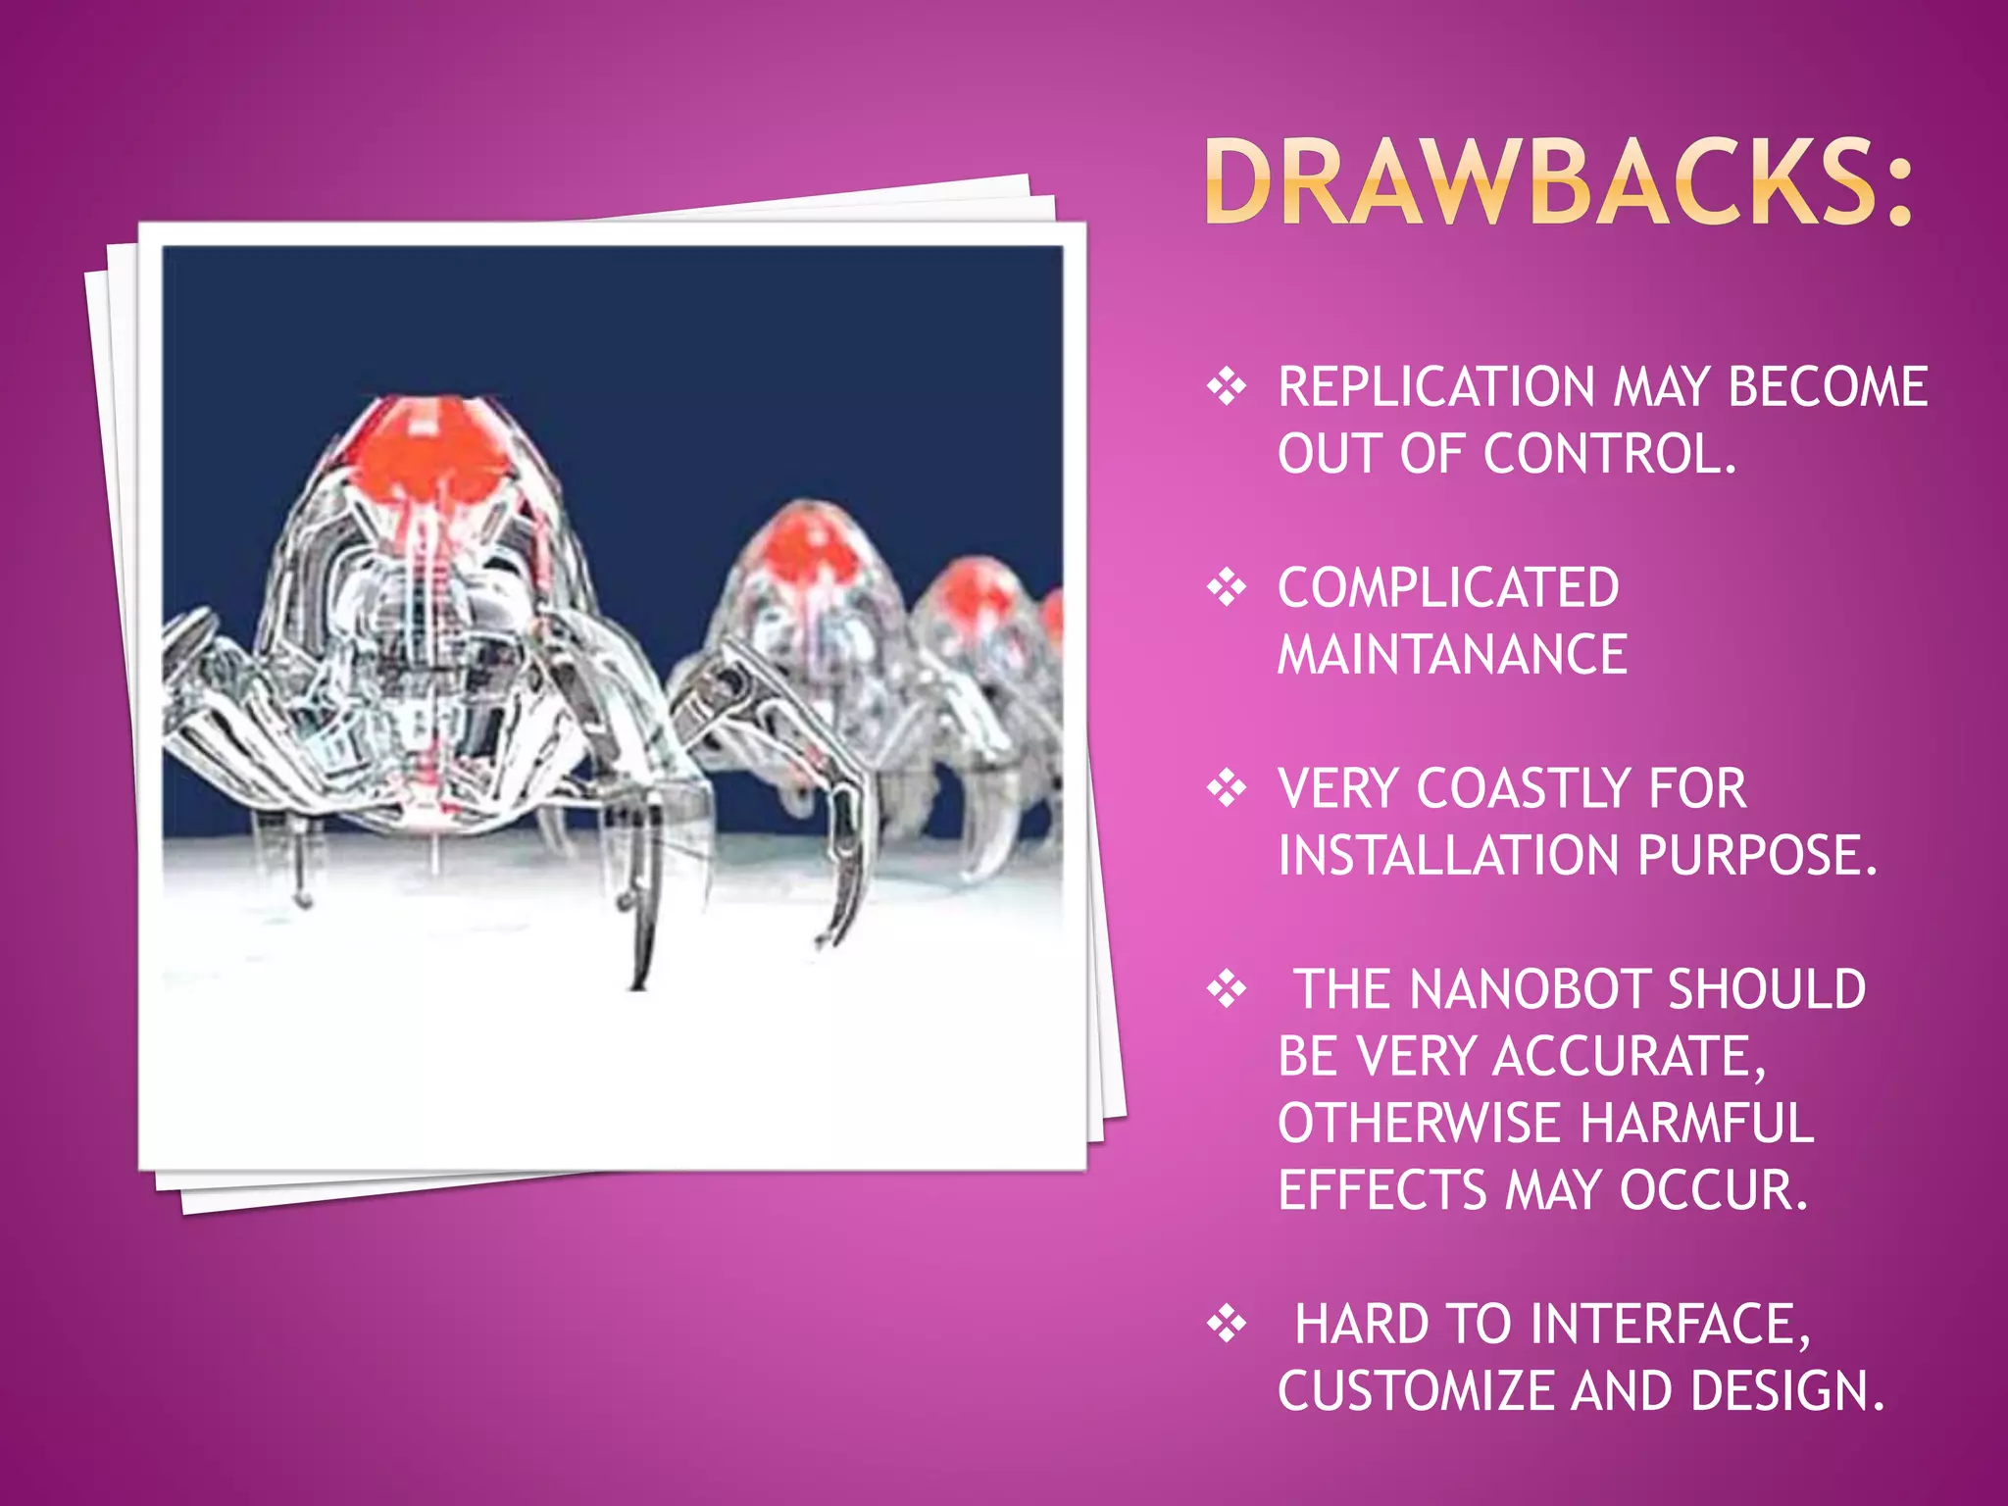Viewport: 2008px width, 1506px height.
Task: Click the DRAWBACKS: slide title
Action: click(x=1559, y=182)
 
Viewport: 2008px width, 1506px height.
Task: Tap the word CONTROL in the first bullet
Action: click(x=1608, y=454)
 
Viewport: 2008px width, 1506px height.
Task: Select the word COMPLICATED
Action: click(x=1448, y=588)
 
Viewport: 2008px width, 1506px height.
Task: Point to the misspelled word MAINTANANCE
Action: click(x=1452, y=655)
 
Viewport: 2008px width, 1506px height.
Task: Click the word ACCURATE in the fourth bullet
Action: click(x=1628, y=1057)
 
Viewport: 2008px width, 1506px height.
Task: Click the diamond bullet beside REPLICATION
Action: click(x=1227, y=387)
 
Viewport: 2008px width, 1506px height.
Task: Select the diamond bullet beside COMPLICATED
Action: click(x=1227, y=588)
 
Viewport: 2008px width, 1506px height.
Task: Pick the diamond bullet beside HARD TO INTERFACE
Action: click(x=1227, y=1325)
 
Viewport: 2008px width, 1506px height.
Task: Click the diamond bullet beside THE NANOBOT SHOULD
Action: click(x=1227, y=989)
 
